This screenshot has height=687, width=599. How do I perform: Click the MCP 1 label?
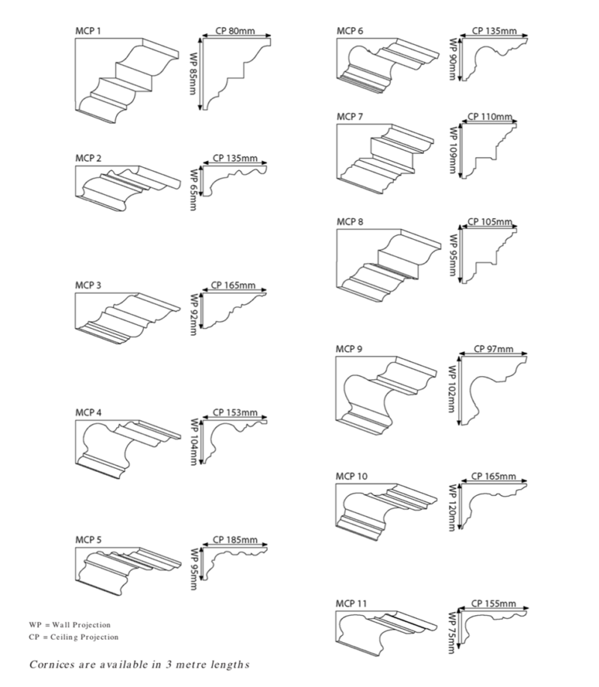click(88, 31)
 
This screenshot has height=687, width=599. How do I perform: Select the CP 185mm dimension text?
click(235, 539)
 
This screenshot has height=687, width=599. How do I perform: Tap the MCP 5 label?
click(88, 539)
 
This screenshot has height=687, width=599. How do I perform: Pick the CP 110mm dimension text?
click(490, 118)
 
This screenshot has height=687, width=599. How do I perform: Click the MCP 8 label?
click(350, 222)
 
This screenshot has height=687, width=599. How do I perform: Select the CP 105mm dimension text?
click(490, 223)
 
